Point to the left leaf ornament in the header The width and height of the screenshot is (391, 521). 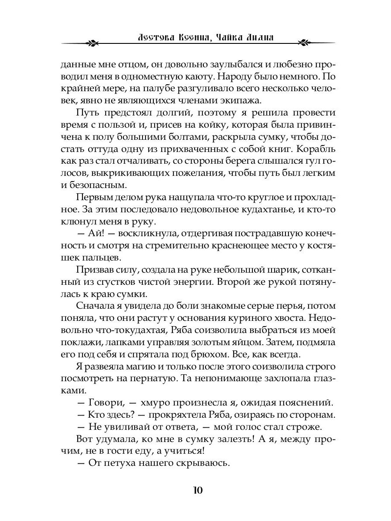92,43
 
